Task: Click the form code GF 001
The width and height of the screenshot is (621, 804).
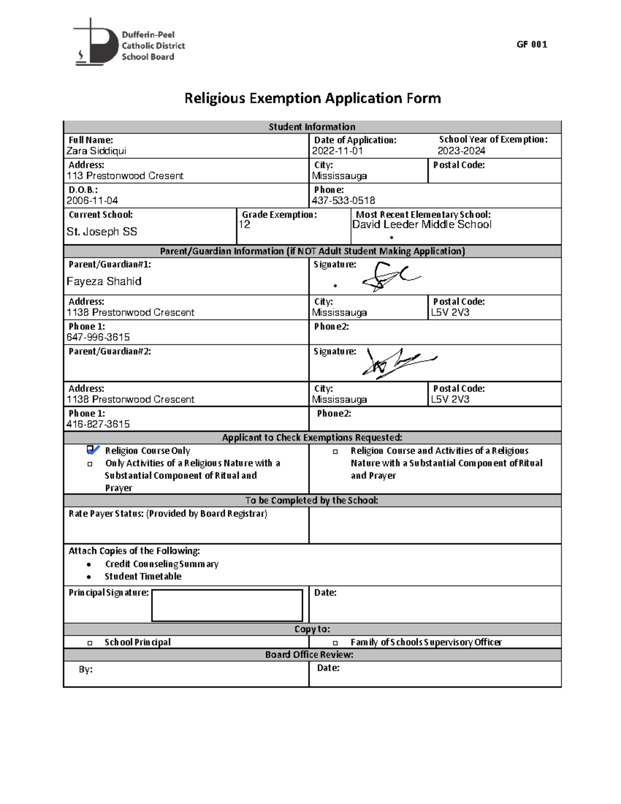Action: [x=531, y=45]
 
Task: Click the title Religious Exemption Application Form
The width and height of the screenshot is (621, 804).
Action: [x=313, y=98]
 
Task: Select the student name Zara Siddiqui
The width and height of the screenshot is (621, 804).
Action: [x=96, y=151]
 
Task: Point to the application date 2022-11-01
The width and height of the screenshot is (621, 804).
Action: [x=337, y=151]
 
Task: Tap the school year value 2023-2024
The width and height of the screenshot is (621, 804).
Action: [x=461, y=151]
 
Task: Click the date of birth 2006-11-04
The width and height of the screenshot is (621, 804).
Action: [x=92, y=201]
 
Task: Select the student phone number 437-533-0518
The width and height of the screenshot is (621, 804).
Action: [x=343, y=201]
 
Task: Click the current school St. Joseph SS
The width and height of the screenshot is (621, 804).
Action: [x=101, y=232]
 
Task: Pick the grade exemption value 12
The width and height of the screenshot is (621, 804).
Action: [x=244, y=225]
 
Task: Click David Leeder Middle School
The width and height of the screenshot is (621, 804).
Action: [x=421, y=225]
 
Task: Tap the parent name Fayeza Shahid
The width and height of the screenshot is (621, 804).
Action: [x=103, y=282]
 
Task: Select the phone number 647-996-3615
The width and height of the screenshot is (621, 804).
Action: [x=98, y=338]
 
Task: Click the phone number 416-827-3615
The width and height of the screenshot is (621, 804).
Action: [x=98, y=425]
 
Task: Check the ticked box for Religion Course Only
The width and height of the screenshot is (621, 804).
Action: [x=91, y=450]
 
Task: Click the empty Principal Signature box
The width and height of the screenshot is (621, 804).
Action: [x=227, y=605]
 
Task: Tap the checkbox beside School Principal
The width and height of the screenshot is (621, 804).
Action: [x=90, y=643]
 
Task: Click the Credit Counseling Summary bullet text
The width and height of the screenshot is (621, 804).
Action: [x=161, y=564]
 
